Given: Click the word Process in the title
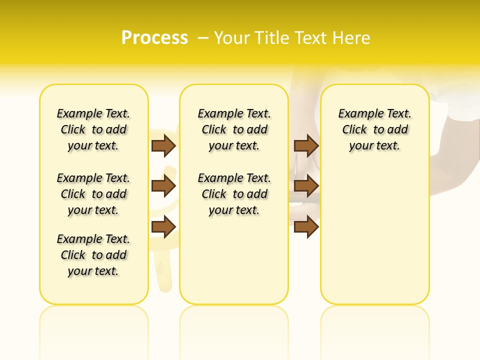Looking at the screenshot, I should pyautogui.click(x=154, y=38).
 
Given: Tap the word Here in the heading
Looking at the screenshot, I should pyautogui.click(x=353, y=38).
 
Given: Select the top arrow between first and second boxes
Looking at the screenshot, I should pyautogui.click(x=163, y=145).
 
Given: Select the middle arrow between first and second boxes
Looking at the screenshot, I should pyautogui.click(x=163, y=186).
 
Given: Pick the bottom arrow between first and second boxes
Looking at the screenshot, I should pyautogui.click(x=163, y=227).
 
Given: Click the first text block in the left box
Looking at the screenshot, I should pyautogui.click(x=93, y=129).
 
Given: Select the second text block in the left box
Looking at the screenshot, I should pyautogui.click(x=93, y=194).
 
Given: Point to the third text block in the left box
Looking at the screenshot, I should pyautogui.click(x=93, y=255).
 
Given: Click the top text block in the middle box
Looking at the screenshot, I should pyautogui.click(x=234, y=129).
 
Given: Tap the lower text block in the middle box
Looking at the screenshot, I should pyautogui.click(x=234, y=194).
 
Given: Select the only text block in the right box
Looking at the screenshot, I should pyautogui.click(x=375, y=129).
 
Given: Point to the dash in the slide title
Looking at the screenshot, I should pyautogui.click(x=203, y=38).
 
